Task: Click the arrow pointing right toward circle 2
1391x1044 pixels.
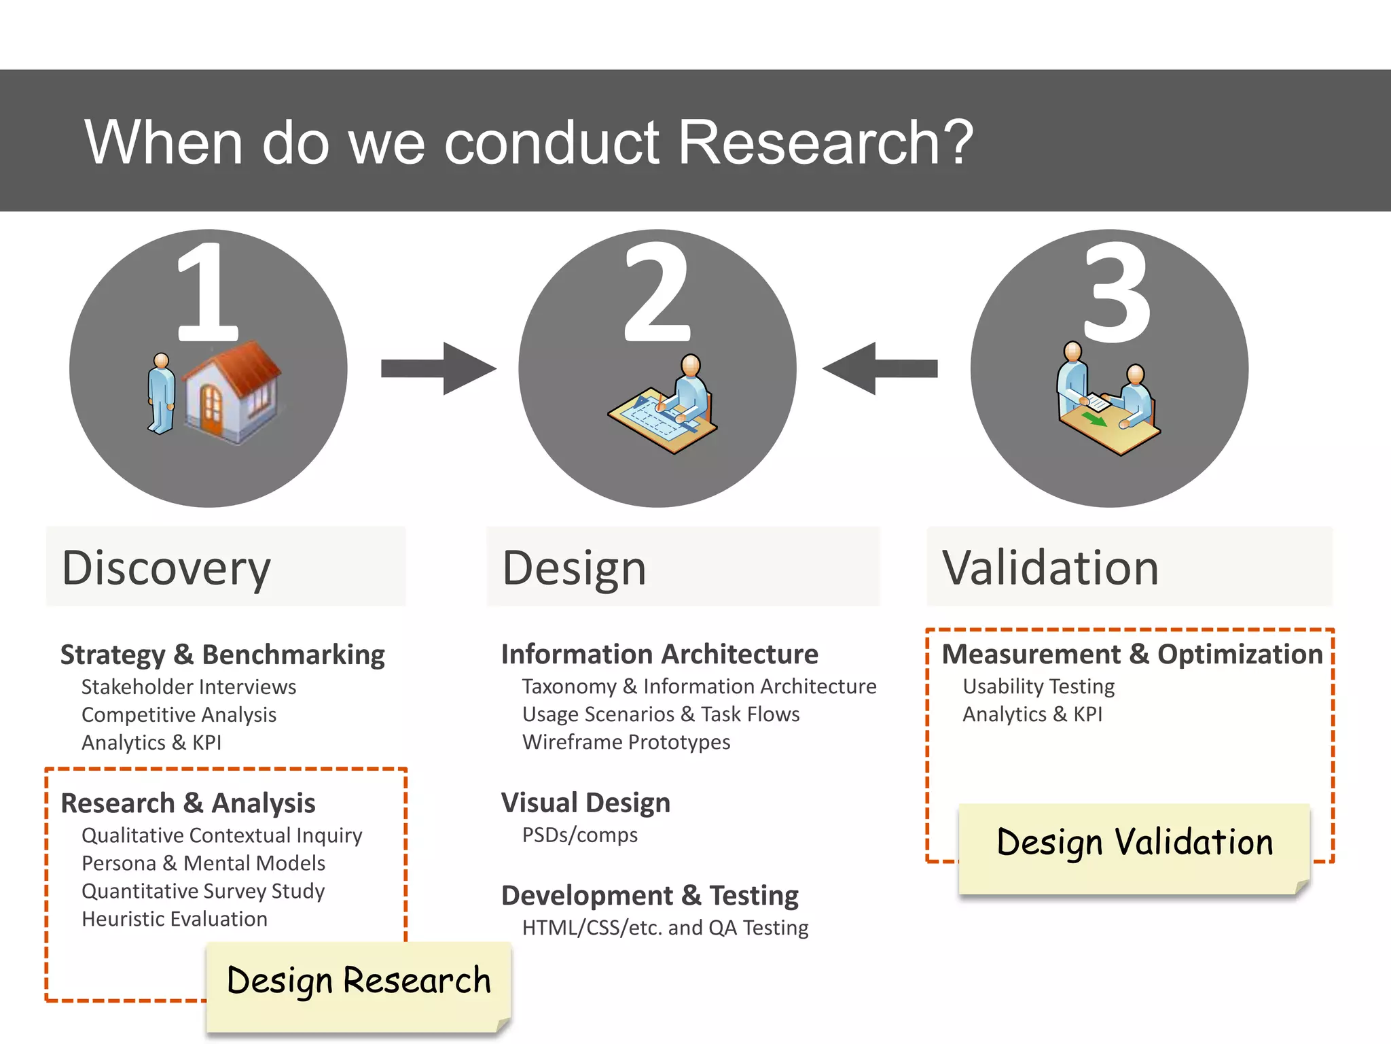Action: [439, 368]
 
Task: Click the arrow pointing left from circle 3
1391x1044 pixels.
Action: [880, 368]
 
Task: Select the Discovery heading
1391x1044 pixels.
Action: [166, 568]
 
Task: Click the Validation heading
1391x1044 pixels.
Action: [1050, 568]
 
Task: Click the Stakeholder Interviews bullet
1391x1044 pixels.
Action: [189, 687]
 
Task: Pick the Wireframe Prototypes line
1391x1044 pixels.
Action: [626, 742]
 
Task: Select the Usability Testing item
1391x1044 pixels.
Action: [1038, 686]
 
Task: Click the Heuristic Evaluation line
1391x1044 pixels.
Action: [175, 919]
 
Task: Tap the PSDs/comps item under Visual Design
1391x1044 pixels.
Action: [579, 835]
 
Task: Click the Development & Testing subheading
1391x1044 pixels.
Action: [649, 896]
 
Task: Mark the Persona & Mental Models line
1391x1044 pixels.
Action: [203, 863]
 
